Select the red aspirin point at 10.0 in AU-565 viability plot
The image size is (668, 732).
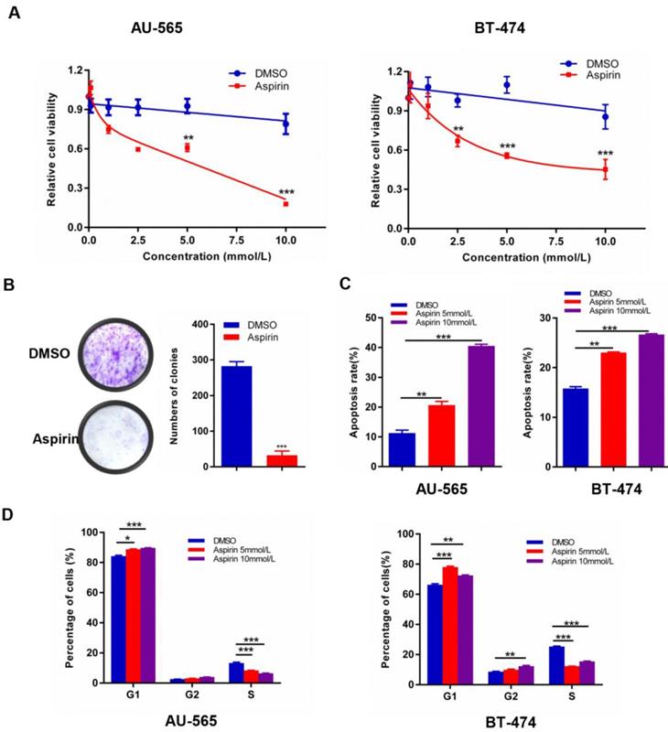[x=286, y=203]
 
